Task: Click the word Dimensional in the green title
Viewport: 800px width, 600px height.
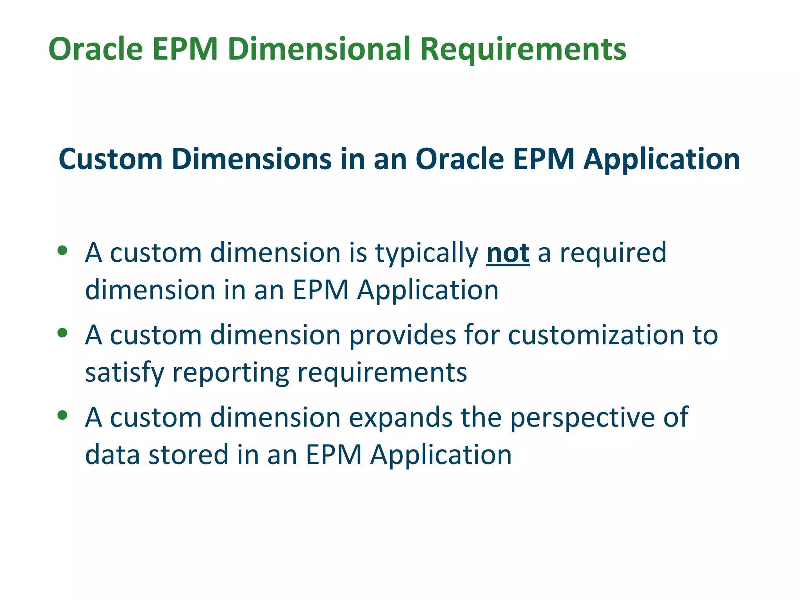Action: [318, 49]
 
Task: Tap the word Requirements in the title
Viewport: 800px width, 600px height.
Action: [523, 50]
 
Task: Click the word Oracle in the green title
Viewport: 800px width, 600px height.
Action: [96, 49]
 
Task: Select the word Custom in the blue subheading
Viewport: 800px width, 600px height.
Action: [111, 159]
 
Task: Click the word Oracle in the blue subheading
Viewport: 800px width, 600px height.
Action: [459, 159]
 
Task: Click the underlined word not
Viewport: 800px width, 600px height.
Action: [508, 253]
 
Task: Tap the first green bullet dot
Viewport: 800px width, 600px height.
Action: [62, 250]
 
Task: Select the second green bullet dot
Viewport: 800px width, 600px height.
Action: [62, 333]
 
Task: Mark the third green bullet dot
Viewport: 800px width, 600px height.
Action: [62, 415]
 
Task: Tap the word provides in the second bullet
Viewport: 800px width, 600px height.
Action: [402, 335]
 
